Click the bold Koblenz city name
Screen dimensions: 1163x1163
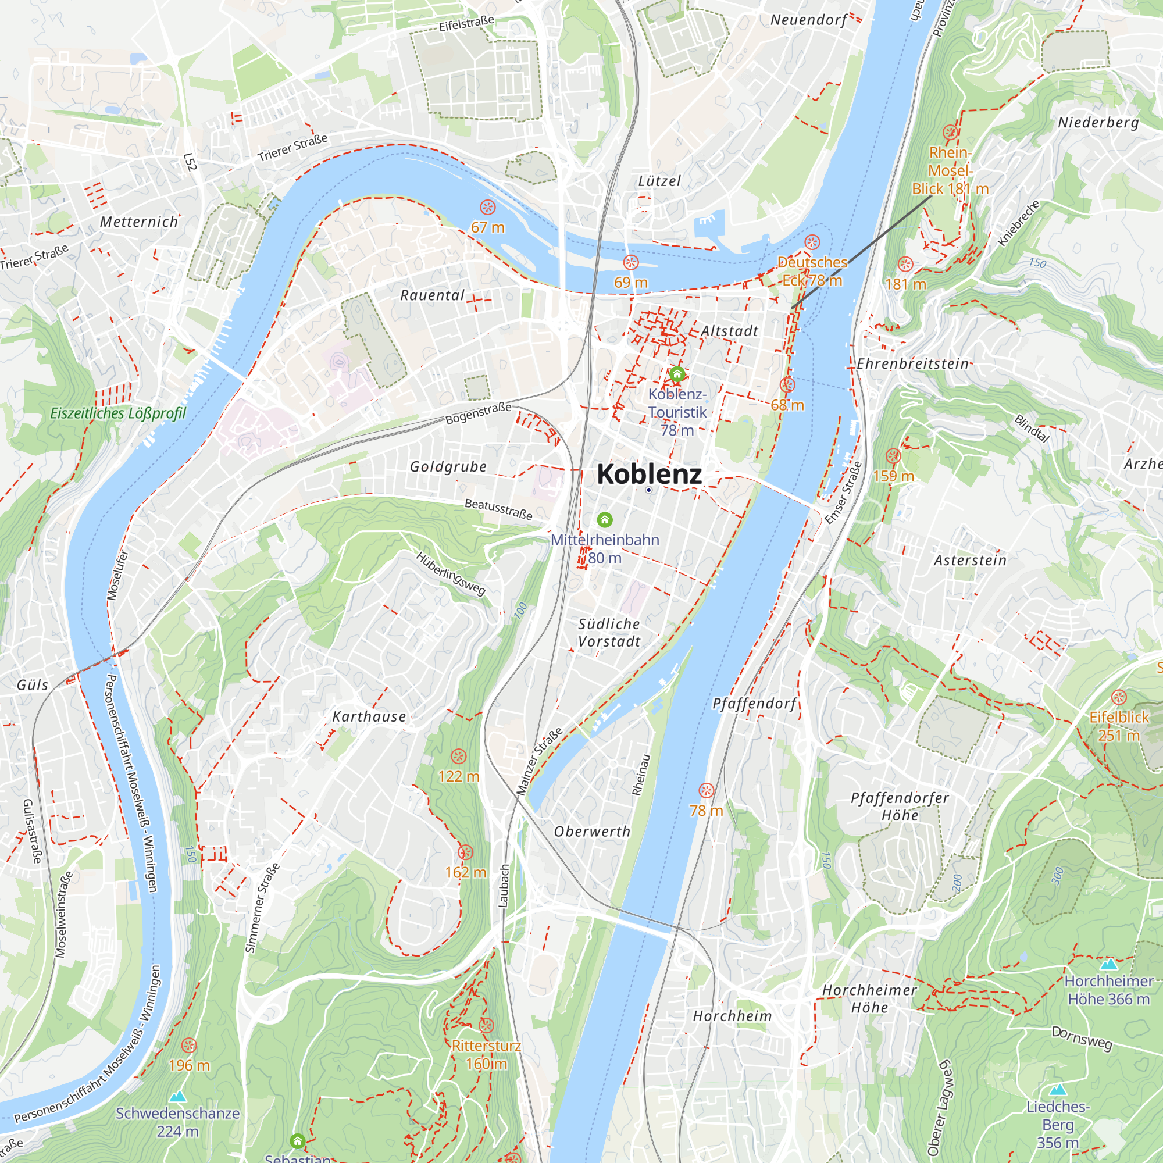pos(649,475)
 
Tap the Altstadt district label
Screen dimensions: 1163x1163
pos(730,331)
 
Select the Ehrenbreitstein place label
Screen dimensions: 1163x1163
pos(912,363)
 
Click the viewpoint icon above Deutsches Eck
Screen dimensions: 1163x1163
pos(812,242)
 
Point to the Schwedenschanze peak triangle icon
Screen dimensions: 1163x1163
pos(177,1096)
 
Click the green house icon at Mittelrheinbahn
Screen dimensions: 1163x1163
pos(604,519)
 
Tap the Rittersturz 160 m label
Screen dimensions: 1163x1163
pos(486,1054)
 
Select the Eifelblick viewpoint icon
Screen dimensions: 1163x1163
pos(1118,698)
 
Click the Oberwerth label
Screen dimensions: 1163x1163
pos(593,832)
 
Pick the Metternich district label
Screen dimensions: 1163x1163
pos(139,222)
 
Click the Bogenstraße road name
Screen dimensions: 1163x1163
pos(479,413)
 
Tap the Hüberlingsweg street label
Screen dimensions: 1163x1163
pos(450,574)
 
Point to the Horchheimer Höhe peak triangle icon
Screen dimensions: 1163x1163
pos(1109,964)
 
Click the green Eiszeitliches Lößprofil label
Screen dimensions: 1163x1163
pos(118,413)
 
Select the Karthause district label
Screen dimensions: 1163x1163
pos(369,716)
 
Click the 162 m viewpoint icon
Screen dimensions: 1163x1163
pos(465,852)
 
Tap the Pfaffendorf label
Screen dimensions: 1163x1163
pos(755,704)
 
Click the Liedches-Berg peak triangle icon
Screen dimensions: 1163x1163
pos(1058,1090)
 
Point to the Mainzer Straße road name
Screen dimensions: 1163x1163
pos(540,761)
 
